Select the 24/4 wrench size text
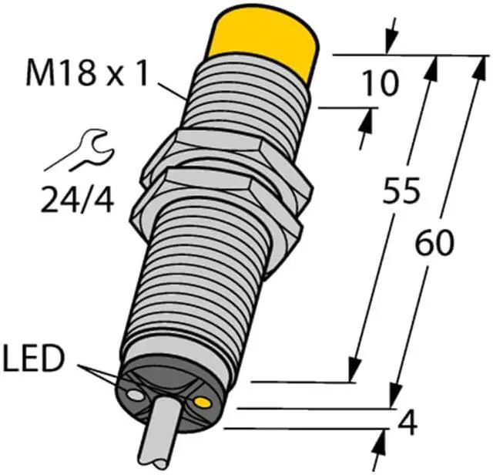pyautogui.click(x=77, y=199)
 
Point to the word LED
pyautogui.click(x=34, y=358)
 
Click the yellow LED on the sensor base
pyautogui.click(x=203, y=402)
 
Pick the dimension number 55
pyautogui.click(x=401, y=190)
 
